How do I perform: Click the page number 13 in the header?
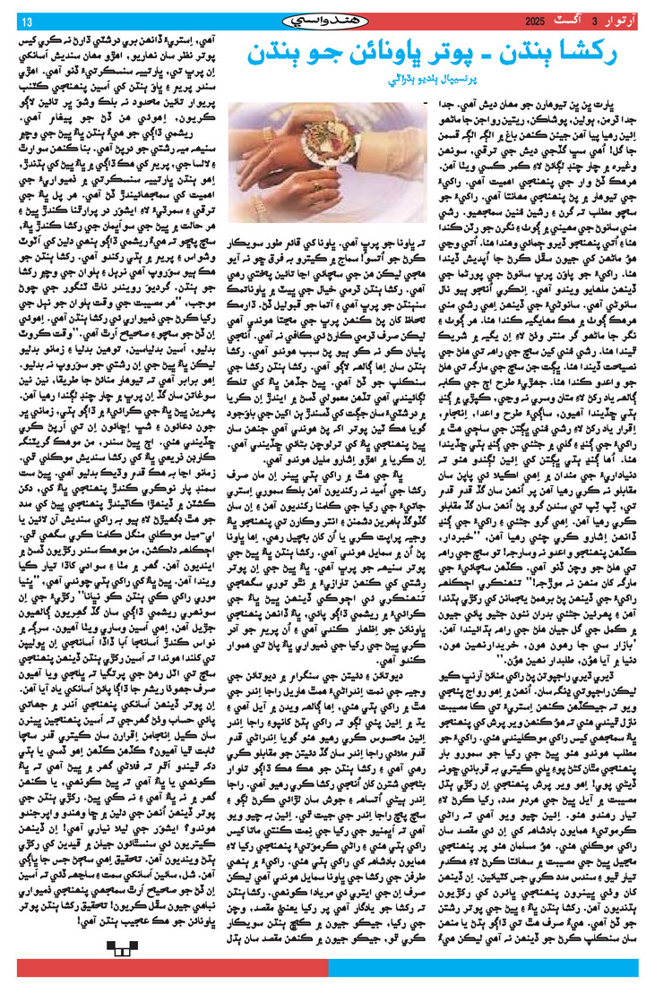26,21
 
